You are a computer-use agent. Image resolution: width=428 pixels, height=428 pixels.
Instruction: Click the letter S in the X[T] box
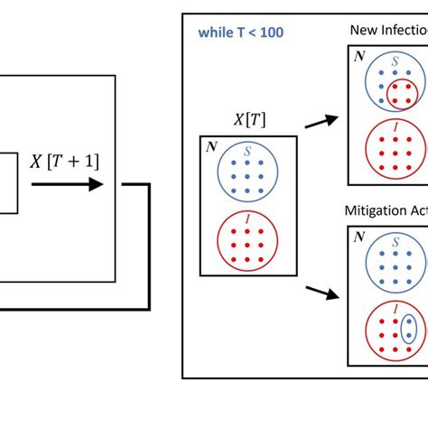coord(248,150)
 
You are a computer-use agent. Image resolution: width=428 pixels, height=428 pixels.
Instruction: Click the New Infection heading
coord(388,31)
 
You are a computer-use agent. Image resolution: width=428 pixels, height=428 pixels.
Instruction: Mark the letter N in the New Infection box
coord(358,56)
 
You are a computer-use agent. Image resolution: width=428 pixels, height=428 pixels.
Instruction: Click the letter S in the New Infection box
coord(395,60)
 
